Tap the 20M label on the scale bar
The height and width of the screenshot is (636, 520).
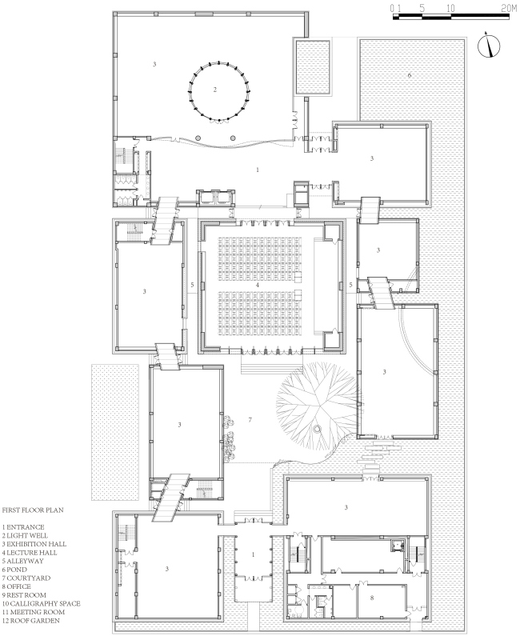[x=509, y=9]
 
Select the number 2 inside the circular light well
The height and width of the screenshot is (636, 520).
[x=215, y=90]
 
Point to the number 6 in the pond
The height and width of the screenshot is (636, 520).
[x=410, y=75]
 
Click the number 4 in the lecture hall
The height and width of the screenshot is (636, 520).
[x=257, y=285]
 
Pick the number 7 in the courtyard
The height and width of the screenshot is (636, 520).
[x=250, y=420]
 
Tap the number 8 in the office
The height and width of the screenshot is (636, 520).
[x=372, y=598]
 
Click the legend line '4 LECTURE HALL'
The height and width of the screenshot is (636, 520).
[x=30, y=553]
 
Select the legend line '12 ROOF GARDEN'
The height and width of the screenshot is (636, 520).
[x=31, y=621]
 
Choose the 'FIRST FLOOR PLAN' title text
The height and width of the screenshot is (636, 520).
[x=33, y=510]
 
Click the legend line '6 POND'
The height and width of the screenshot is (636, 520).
[x=14, y=570]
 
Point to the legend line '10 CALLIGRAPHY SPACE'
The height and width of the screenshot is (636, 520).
[x=42, y=603]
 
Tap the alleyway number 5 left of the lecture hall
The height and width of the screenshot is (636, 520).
[x=192, y=285]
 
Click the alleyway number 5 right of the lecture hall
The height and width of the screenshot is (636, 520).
[x=351, y=285]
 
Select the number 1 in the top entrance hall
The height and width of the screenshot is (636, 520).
[x=258, y=170]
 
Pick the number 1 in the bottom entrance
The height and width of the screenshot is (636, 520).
[x=254, y=554]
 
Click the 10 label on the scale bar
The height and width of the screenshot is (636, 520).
[x=450, y=9]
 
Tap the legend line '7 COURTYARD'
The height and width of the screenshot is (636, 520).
[x=26, y=578]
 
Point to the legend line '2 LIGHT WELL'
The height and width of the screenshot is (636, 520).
[x=25, y=535]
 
